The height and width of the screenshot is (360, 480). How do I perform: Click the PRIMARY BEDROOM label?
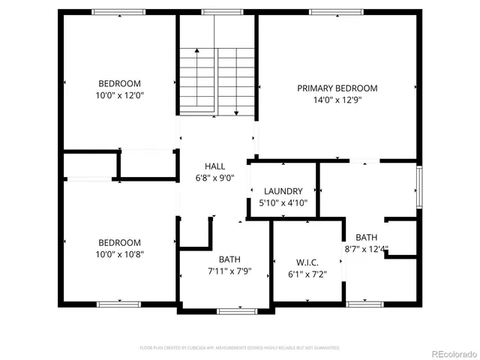337,88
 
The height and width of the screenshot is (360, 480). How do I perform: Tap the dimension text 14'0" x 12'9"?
337,100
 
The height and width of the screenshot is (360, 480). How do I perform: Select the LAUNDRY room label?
283,191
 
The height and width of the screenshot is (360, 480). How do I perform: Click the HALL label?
214,166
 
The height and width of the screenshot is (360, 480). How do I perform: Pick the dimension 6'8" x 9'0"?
214,178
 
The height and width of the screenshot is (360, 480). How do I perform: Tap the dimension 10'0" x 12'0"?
120,95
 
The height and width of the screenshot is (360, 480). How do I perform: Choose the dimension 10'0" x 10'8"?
120,254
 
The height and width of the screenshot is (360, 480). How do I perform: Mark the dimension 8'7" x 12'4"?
367,249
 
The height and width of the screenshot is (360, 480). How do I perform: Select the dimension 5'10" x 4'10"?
283,202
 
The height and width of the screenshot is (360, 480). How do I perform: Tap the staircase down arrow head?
236,113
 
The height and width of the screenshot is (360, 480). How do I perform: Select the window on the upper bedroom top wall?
118,12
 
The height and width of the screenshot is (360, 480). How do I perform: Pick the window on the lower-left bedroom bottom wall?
118,304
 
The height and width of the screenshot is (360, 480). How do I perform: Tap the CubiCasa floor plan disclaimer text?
240,348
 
